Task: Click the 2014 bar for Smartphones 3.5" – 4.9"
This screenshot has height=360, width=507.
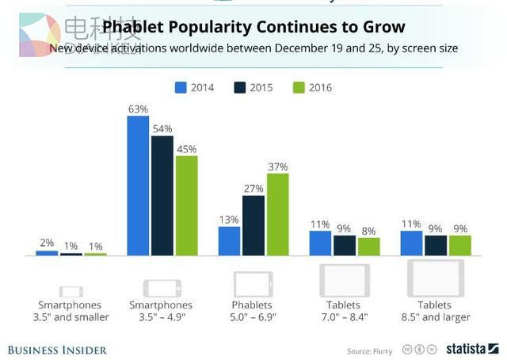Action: (138, 186)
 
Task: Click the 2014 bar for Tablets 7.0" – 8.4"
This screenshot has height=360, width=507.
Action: (320, 243)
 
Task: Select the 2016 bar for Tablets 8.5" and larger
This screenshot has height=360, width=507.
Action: (459, 246)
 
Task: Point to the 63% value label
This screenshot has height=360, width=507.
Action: (138, 109)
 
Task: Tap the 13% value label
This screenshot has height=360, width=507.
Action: (229, 220)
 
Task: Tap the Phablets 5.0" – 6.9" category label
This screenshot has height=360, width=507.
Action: (253, 311)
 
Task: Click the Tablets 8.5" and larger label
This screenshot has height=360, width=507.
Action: (435, 311)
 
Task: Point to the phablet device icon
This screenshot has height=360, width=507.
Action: (253, 283)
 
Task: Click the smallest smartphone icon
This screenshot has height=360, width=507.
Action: (71, 291)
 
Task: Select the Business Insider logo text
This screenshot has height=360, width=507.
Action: (56, 349)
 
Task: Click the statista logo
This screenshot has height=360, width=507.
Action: (471, 349)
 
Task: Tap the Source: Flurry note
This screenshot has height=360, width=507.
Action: (370, 350)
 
